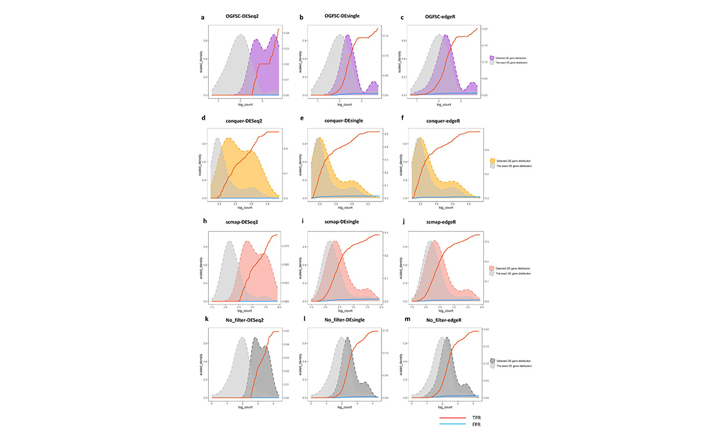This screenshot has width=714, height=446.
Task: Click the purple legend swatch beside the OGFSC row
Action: coord(492,58)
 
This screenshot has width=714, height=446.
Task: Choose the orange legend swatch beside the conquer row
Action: coord(492,161)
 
